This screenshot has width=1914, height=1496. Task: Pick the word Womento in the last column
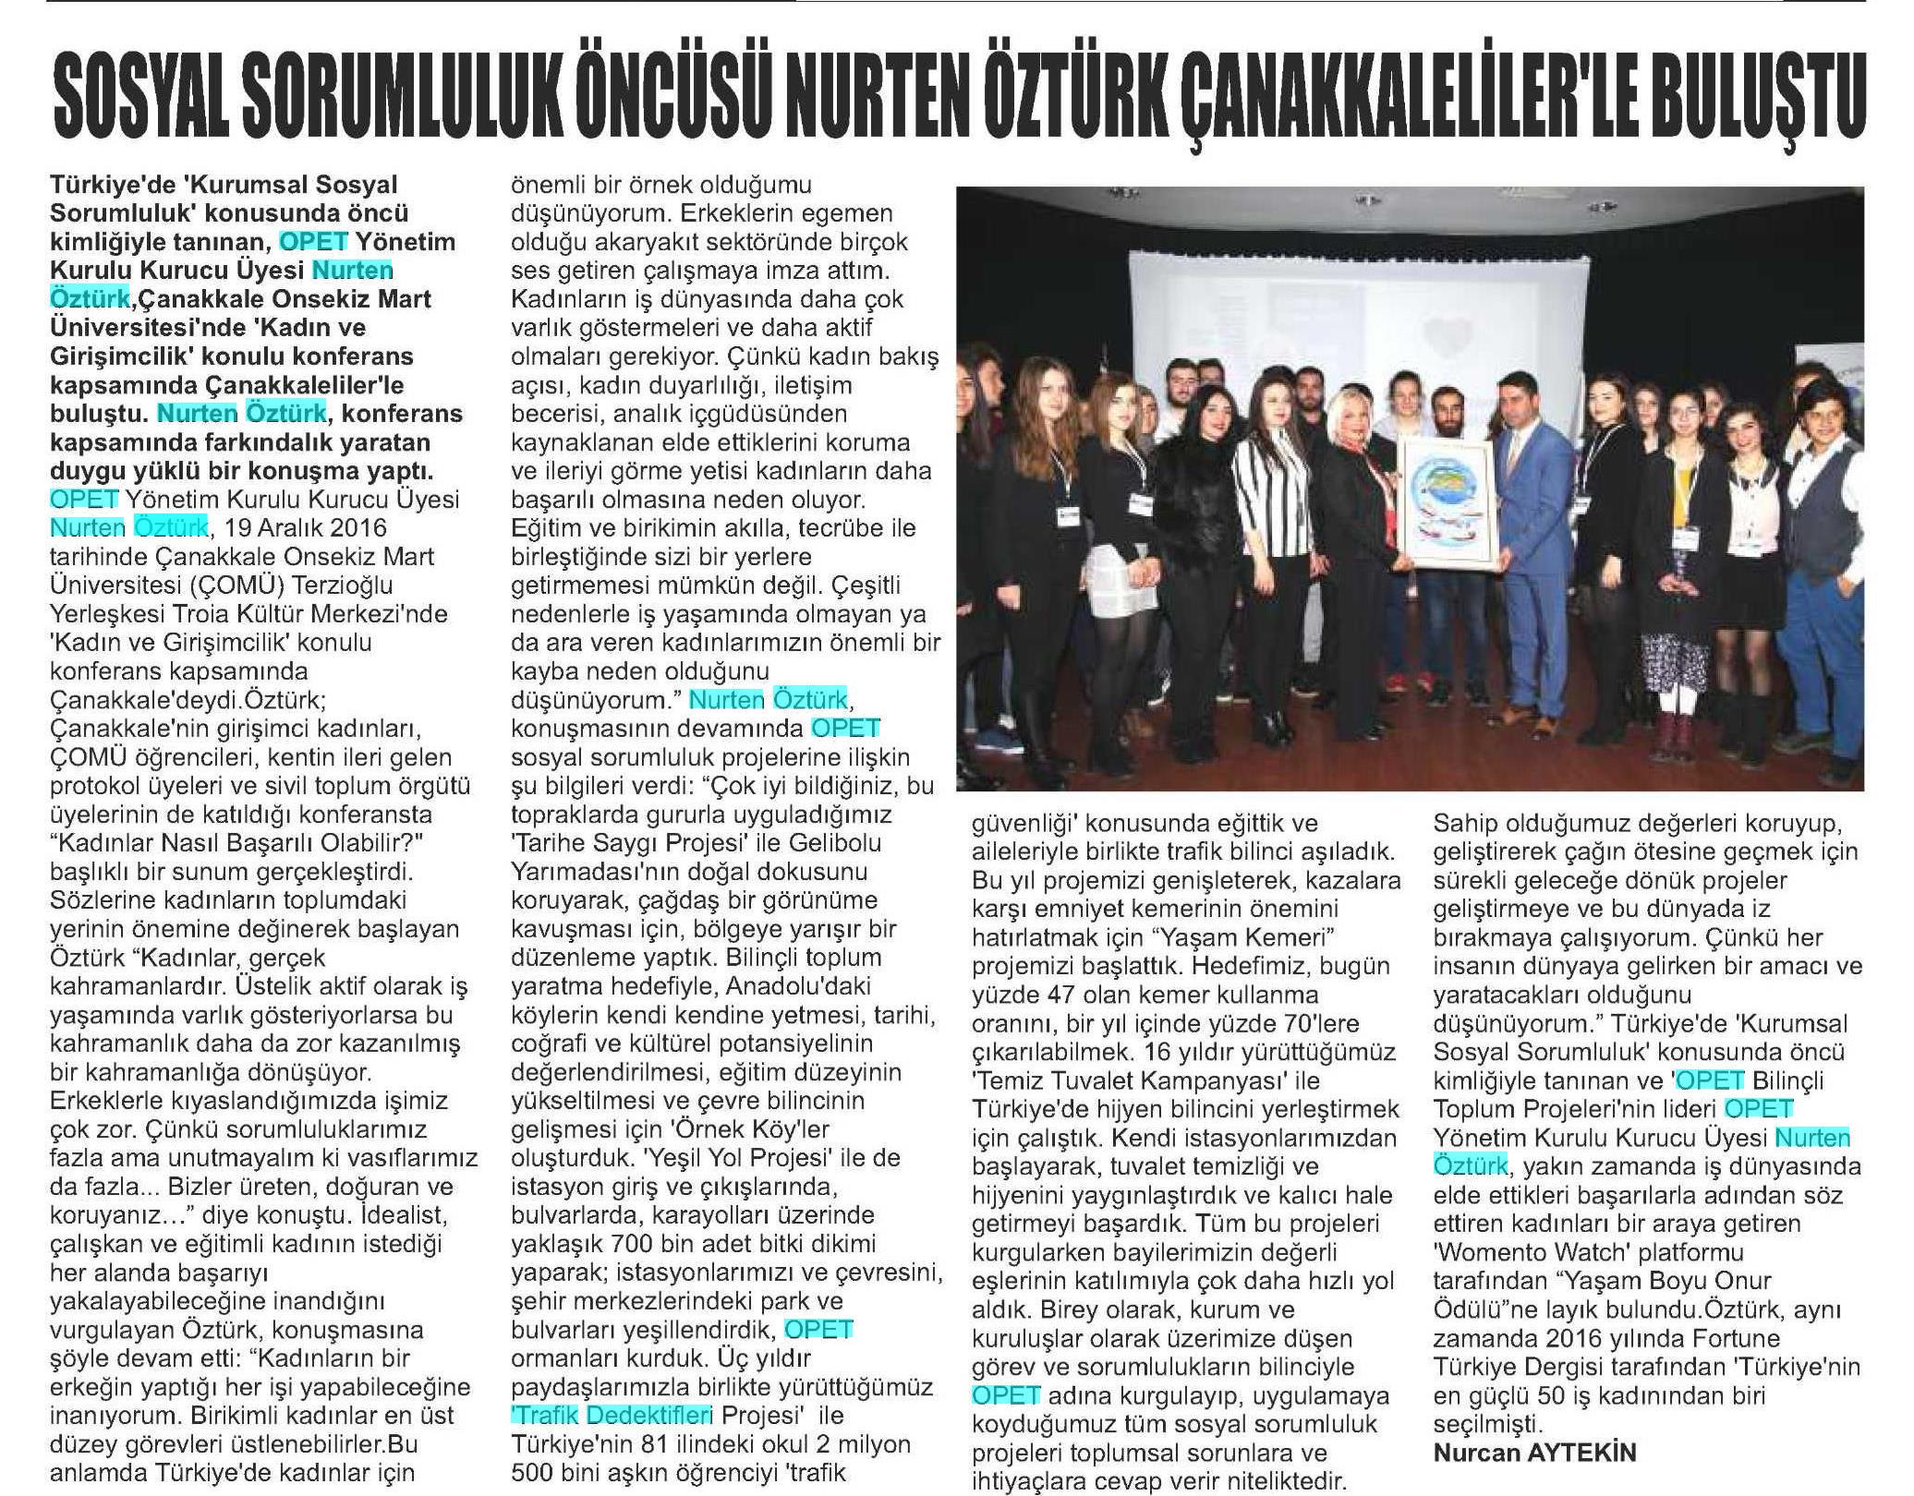(1496, 1252)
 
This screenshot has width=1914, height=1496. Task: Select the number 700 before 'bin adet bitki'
(635, 1243)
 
